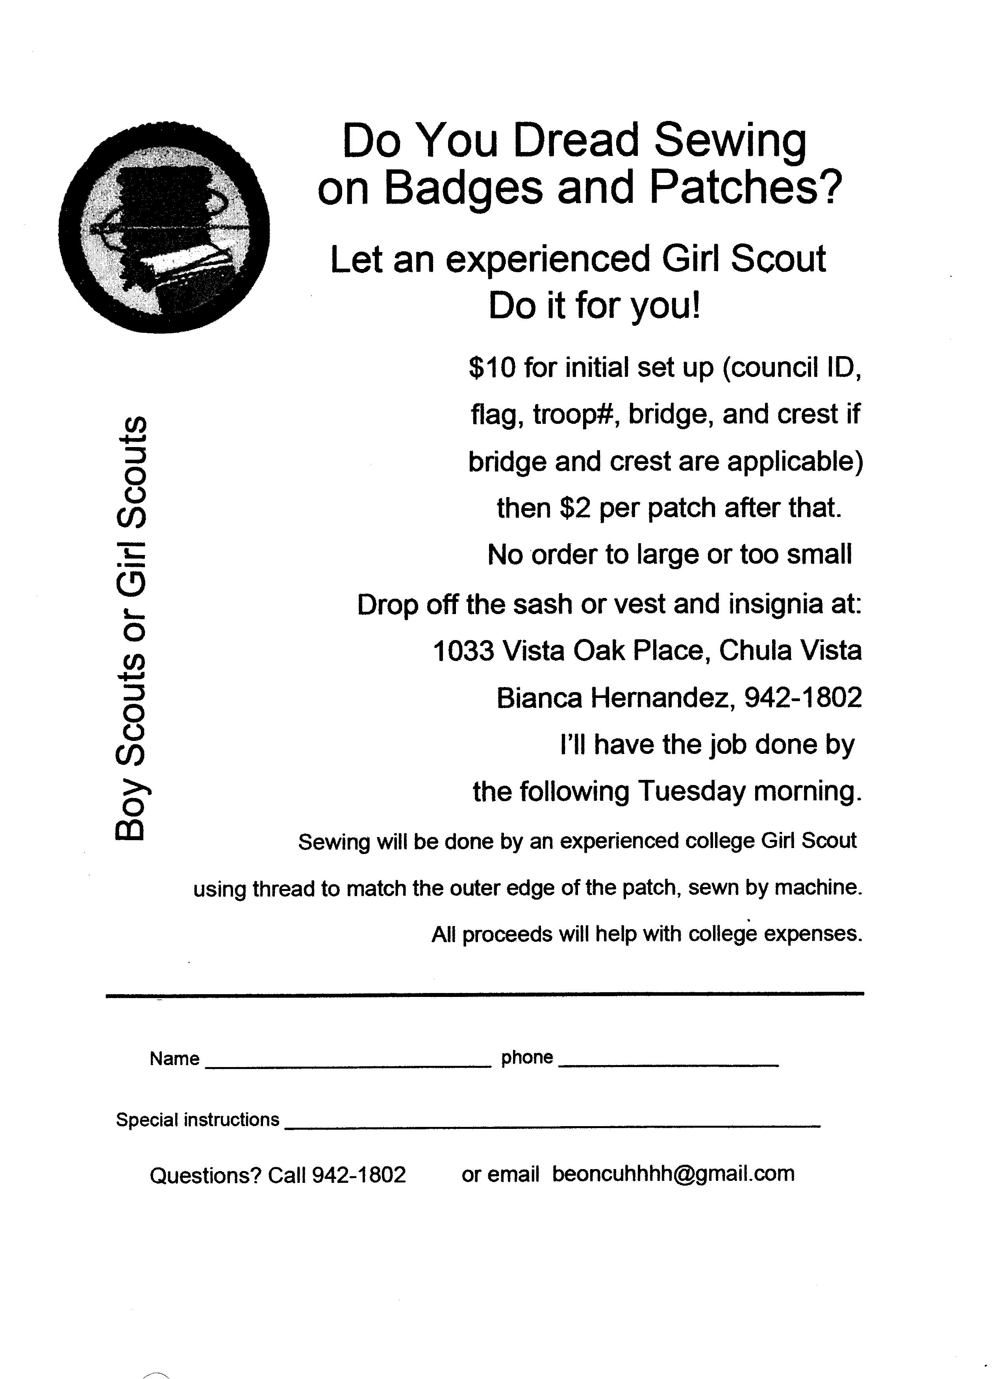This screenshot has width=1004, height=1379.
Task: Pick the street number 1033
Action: point(463,651)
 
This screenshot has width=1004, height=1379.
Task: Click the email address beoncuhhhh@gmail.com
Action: point(673,1173)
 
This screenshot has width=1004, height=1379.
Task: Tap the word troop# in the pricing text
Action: point(577,415)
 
